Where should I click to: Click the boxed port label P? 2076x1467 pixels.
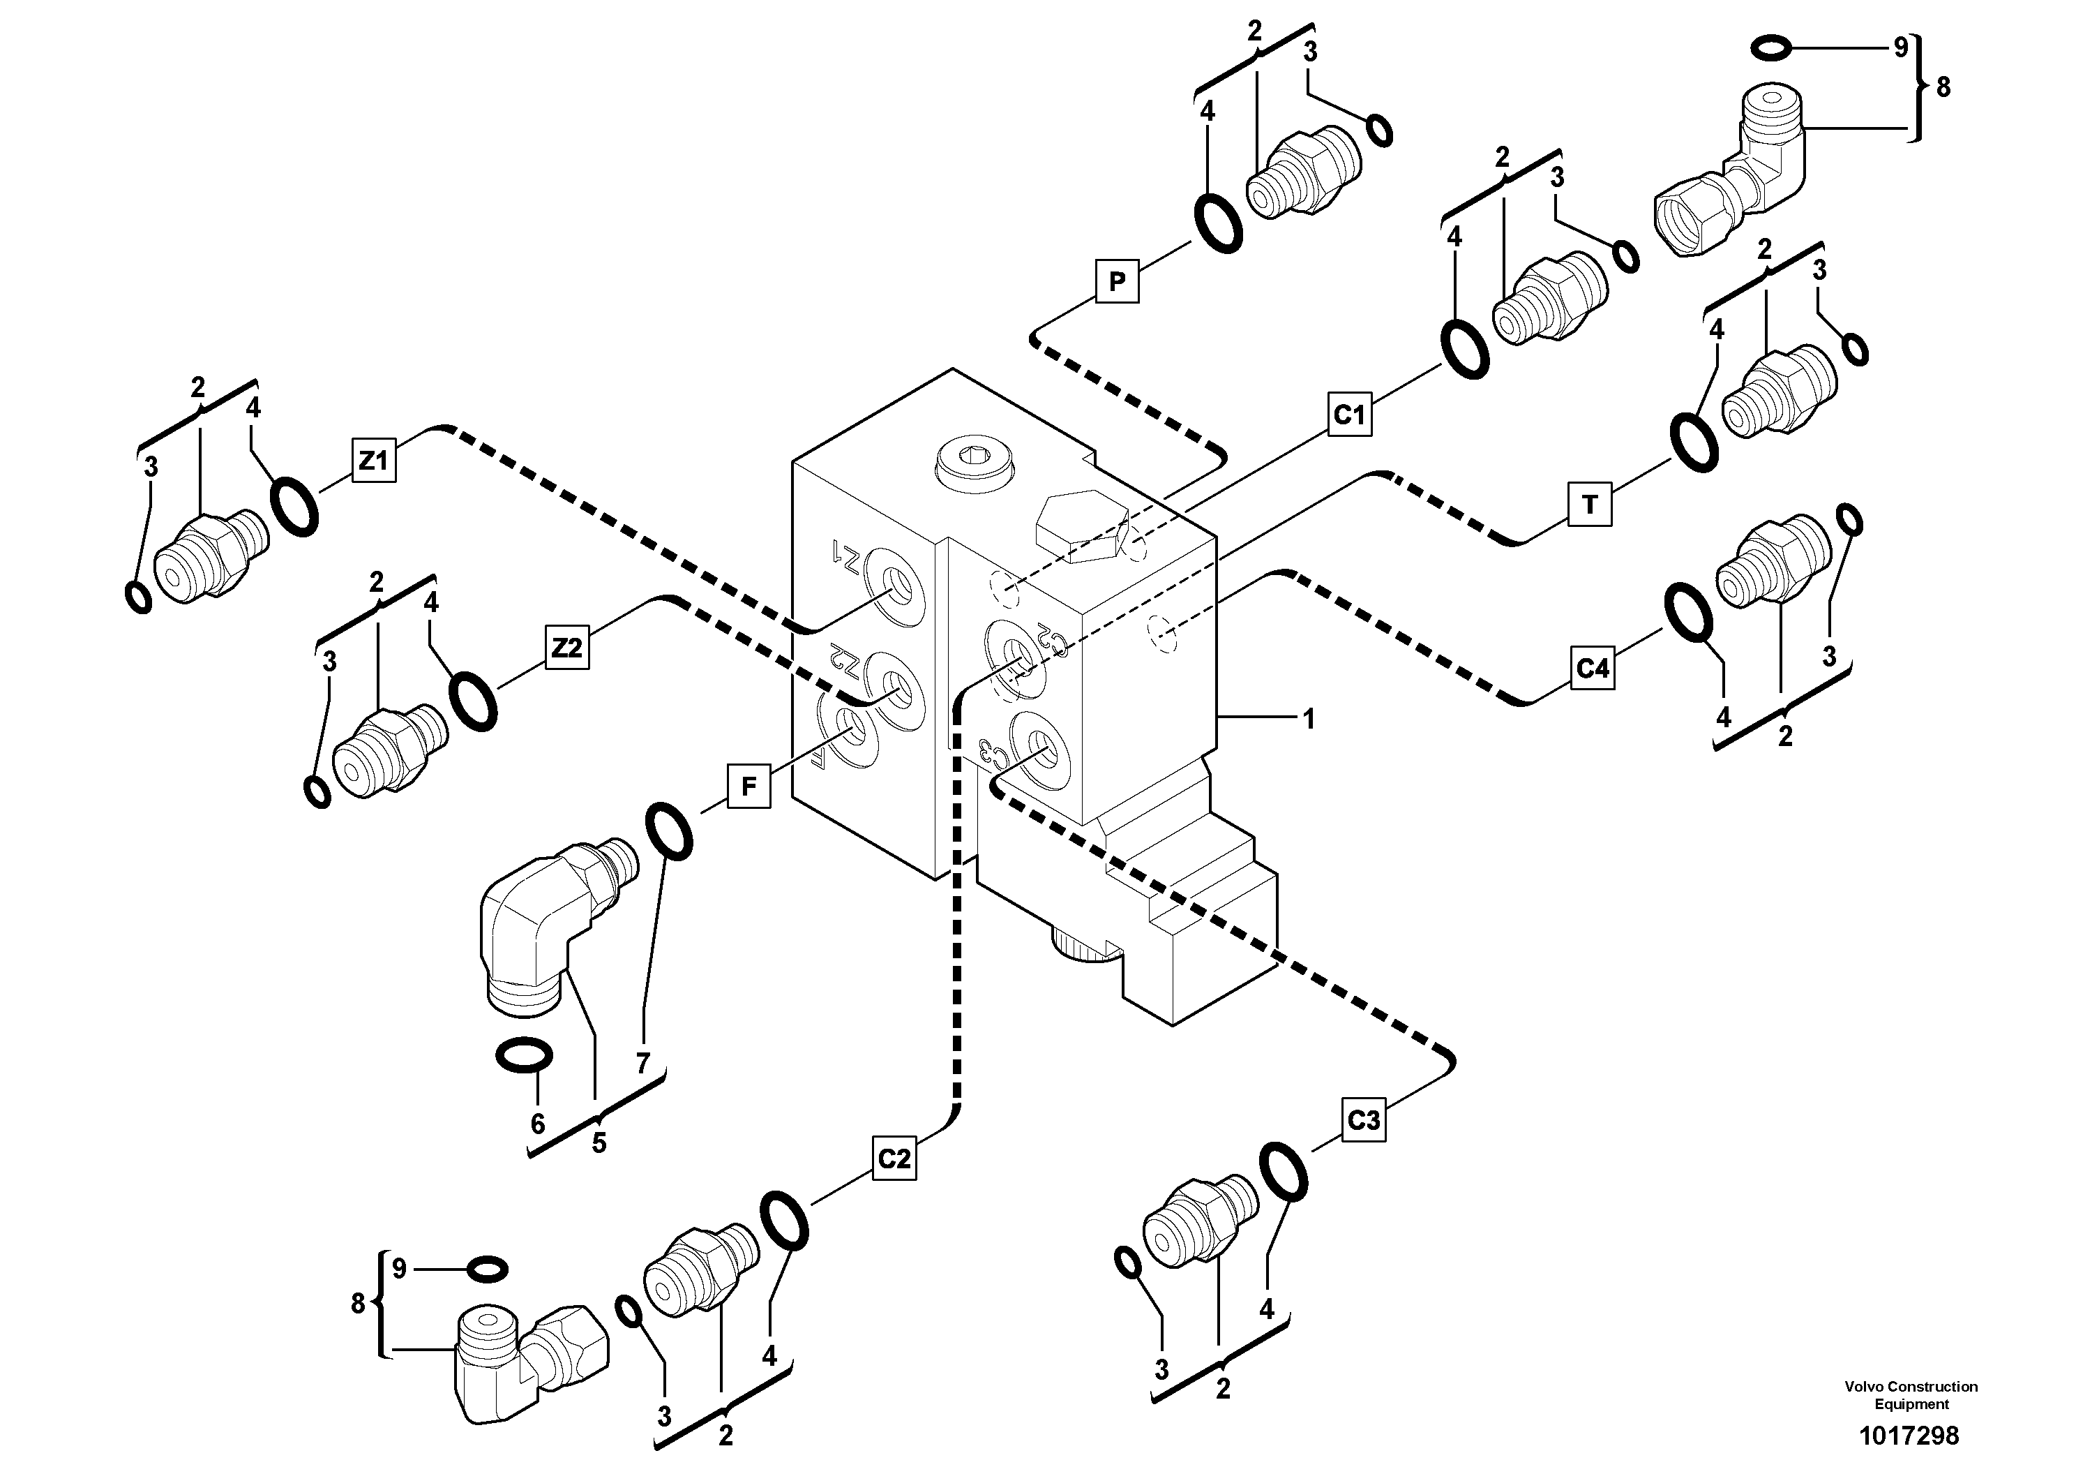coord(1117,281)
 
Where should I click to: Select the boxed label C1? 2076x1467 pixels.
coord(1349,415)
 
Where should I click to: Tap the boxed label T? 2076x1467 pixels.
coord(1590,504)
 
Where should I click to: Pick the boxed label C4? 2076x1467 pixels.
coord(1593,669)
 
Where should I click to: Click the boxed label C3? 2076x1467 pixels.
coord(1364,1121)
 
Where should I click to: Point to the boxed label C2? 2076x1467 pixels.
coord(894,1158)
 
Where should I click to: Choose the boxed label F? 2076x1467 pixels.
coord(749,786)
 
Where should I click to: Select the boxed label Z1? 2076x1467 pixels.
coord(373,461)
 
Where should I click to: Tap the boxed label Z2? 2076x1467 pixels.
coord(567,648)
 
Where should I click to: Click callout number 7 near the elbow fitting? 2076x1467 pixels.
coord(643,1064)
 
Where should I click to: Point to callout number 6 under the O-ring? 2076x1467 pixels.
coord(538,1124)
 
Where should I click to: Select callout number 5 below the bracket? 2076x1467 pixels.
coord(599,1143)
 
